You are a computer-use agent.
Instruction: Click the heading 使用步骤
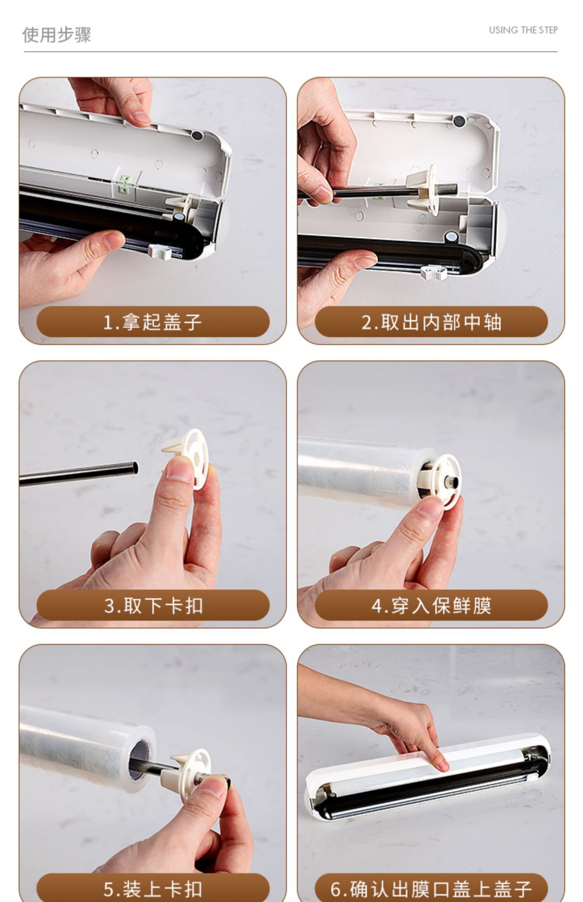pyautogui.click(x=57, y=35)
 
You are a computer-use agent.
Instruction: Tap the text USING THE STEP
pyautogui.click(x=523, y=30)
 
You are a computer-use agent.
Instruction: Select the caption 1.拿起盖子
pyautogui.click(x=152, y=322)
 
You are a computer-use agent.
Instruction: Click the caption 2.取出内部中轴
pyautogui.click(x=431, y=322)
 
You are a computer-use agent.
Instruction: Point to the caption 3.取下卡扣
pyautogui.click(x=153, y=606)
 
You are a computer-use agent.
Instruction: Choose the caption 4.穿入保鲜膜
pyautogui.click(x=431, y=606)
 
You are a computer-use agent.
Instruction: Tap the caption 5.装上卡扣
pyautogui.click(x=153, y=889)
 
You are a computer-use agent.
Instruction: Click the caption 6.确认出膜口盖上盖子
pyautogui.click(x=431, y=889)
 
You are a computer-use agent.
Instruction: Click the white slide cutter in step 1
pyautogui.click(x=160, y=252)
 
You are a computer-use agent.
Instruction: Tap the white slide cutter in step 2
pyautogui.click(x=433, y=272)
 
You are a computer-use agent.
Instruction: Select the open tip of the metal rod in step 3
pyautogui.click(x=134, y=467)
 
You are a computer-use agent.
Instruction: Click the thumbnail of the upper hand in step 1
pyautogui.click(x=140, y=118)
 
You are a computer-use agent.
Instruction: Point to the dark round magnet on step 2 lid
pyautogui.click(x=459, y=121)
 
